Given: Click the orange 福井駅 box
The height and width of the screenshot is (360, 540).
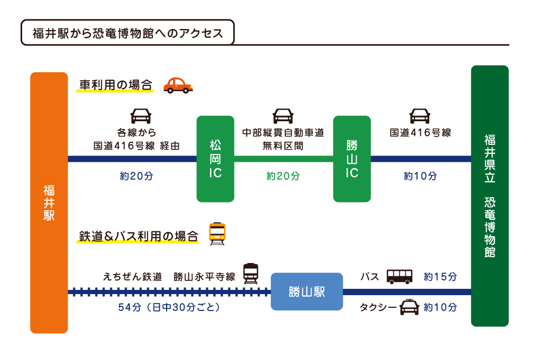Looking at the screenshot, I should click(49, 203).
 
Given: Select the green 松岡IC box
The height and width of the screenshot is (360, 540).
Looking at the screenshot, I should click(215, 159).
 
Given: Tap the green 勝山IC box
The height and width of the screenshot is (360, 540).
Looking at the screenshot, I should click(352, 159).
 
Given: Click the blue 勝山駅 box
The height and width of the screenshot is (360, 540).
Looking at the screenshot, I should click(306, 291).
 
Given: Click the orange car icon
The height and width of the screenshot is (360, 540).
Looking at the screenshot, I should click(178, 85).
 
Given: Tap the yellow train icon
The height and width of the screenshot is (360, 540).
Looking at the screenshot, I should click(217, 233).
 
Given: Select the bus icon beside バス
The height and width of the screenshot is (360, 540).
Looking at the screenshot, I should click(400, 276).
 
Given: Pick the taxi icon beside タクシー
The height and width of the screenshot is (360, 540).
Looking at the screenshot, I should click(409, 307).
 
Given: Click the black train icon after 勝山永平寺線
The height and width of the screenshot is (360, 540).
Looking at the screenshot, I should click(251, 274).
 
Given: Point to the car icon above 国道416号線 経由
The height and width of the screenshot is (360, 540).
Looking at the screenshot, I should click(141, 116).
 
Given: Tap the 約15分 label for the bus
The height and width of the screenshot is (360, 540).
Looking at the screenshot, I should click(440, 277).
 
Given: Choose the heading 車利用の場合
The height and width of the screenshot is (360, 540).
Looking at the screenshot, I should click(115, 85).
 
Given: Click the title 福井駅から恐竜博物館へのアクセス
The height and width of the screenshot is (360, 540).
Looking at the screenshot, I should click(127, 33).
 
